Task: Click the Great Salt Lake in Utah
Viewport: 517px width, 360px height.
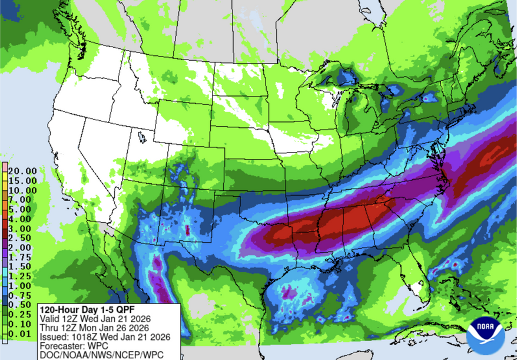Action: pos(142,137)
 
